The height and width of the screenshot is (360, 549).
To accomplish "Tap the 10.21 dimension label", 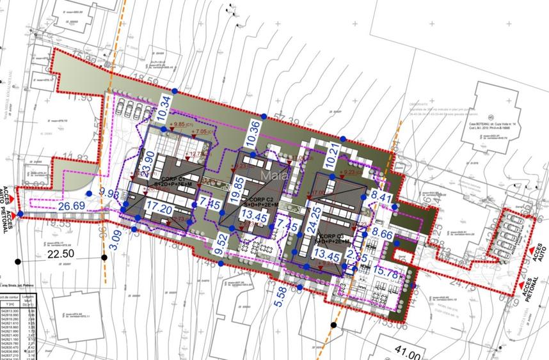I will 333,153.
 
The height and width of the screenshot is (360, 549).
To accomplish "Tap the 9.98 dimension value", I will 110,194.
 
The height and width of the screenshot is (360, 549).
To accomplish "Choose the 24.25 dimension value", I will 314,224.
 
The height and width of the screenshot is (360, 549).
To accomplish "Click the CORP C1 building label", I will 173,178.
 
